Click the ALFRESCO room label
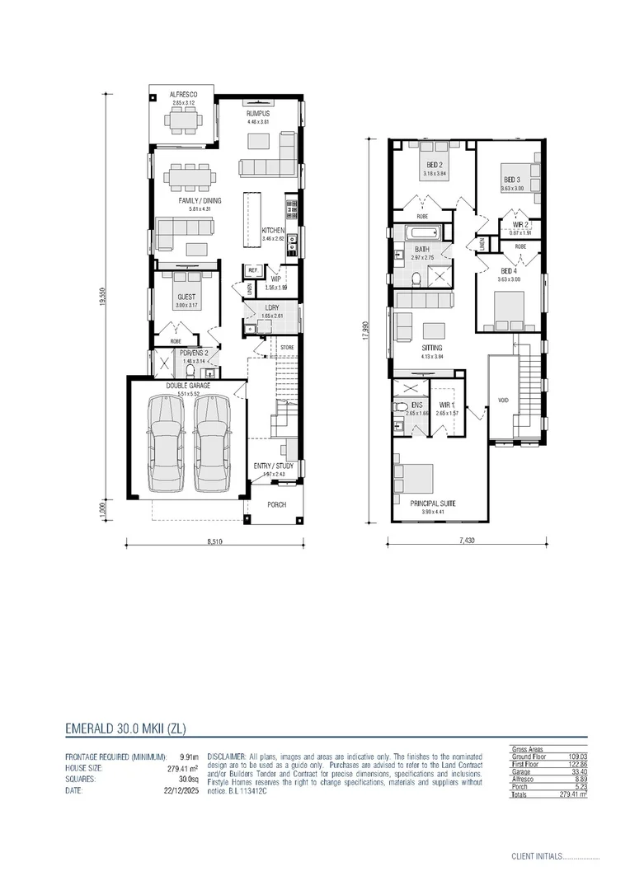[x=182, y=95]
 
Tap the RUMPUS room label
[x=258, y=115]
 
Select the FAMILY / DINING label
[x=200, y=200]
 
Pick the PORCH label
[x=276, y=504]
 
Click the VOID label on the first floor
[x=504, y=400]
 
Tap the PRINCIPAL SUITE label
[x=432, y=503]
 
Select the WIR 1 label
[x=445, y=404]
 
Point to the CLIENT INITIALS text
[x=536, y=857]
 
